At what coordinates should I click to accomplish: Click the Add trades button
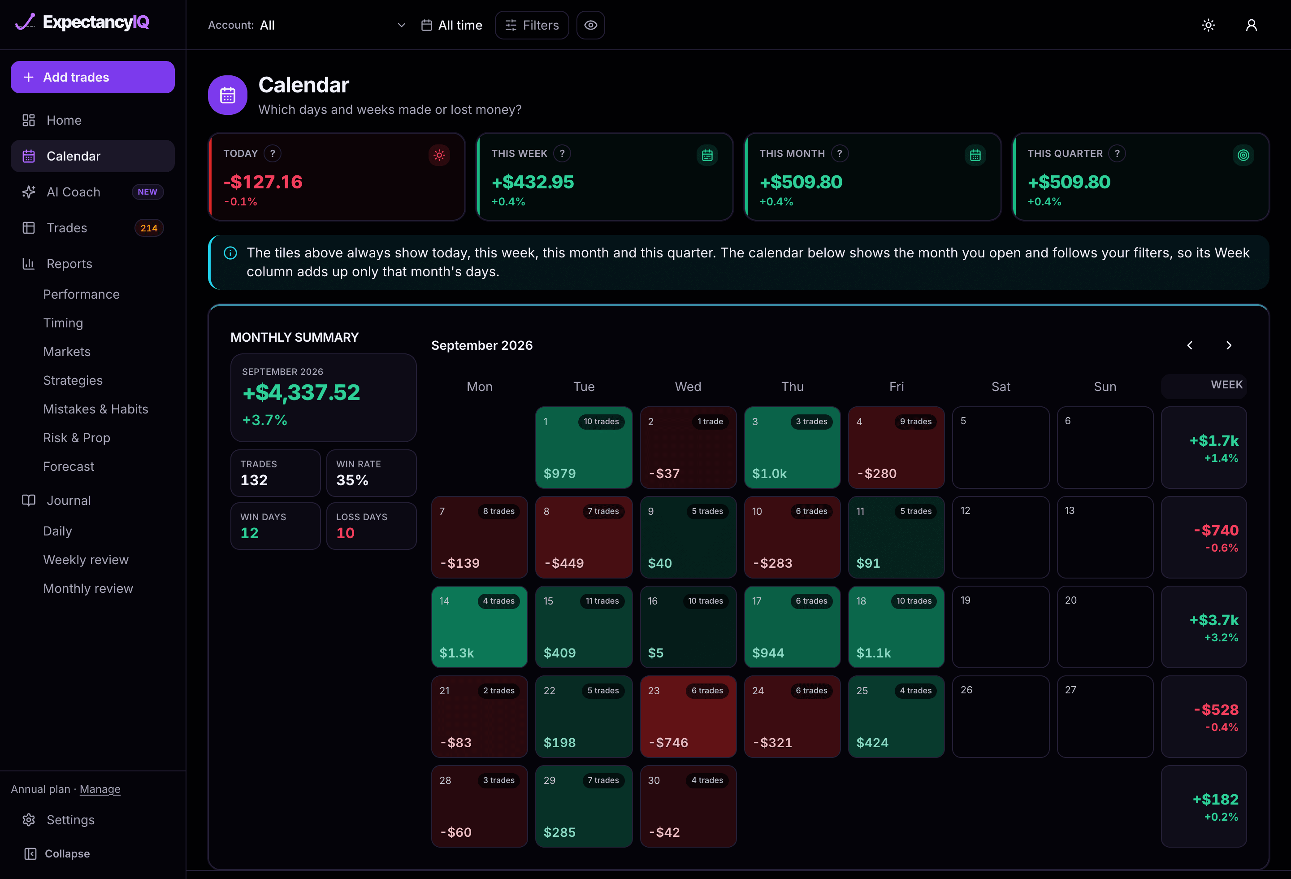(93, 77)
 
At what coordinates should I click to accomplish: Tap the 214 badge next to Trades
(149, 228)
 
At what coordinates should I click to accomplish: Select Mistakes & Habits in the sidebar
(95, 409)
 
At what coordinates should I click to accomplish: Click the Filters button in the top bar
(532, 25)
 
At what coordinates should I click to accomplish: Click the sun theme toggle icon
(1208, 25)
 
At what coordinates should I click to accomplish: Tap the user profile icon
(1251, 25)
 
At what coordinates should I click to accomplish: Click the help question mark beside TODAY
(272, 153)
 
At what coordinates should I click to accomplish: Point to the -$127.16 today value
(263, 182)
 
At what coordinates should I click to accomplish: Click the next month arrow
(1229, 345)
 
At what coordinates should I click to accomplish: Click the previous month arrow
(1190, 345)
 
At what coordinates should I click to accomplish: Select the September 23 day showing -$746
(688, 716)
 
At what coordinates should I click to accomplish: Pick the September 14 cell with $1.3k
(479, 627)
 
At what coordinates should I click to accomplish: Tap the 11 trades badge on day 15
(602, 601)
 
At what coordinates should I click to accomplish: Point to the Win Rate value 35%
(352, 480)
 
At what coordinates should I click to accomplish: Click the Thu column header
(792, 387)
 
